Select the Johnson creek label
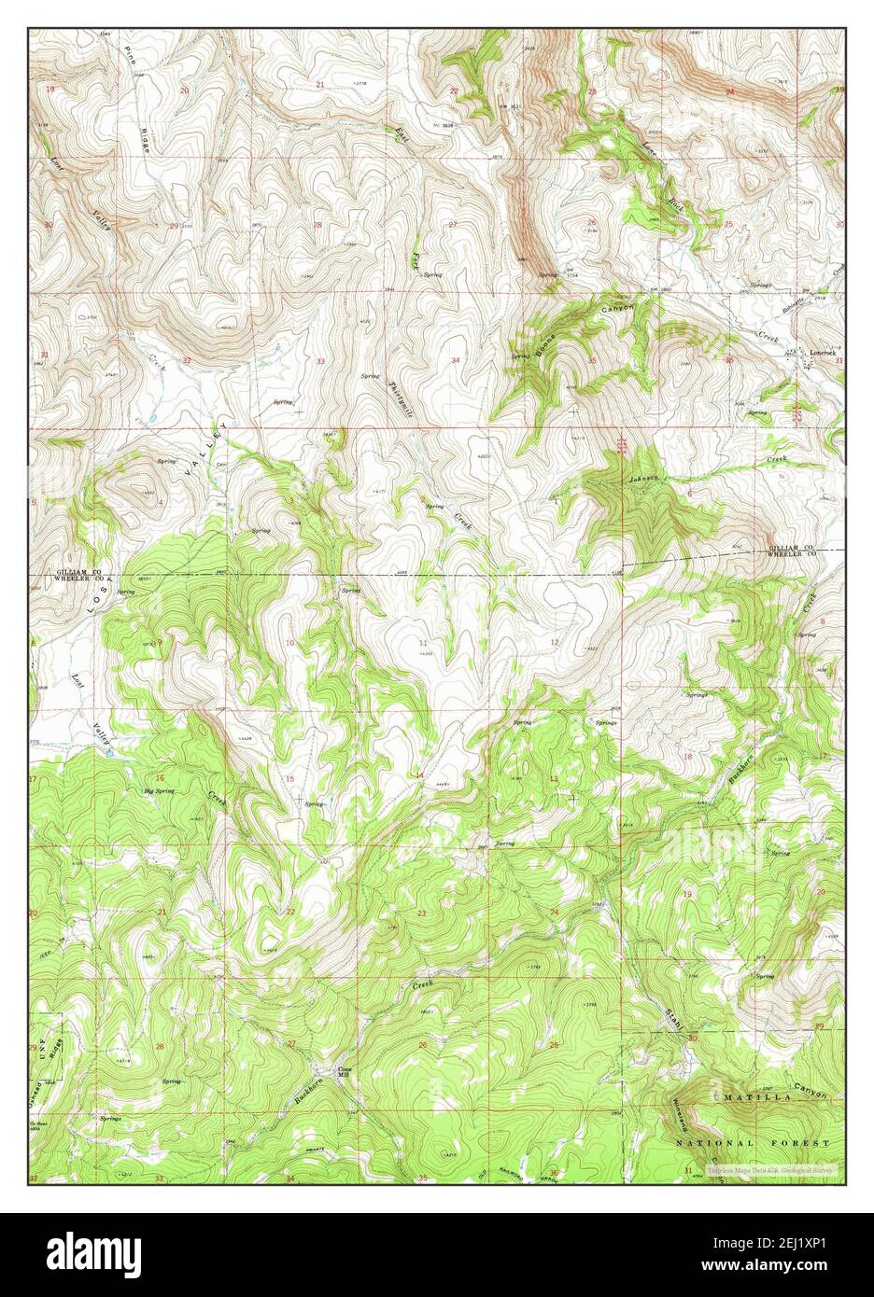point(643,479)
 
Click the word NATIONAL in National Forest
point(713,1143)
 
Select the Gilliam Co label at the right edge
point(795,547)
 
